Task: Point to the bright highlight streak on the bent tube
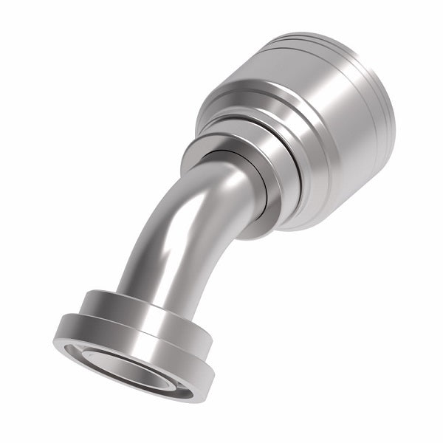pos(159,244)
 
